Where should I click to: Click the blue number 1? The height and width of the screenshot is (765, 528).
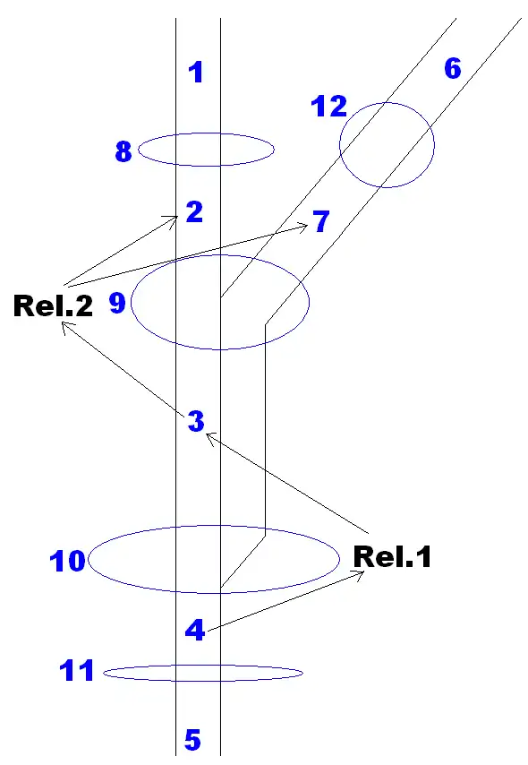click(x=196, y=73)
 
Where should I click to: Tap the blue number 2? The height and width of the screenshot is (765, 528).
click(x=194, y=211)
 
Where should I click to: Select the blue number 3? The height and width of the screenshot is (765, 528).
click(x=196, y=421)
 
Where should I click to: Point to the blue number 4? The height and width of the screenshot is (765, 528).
click(x=195, y=630)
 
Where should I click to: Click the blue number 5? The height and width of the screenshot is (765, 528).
click(x=192, y=740)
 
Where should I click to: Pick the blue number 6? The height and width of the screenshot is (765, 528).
click(x=453, y=68)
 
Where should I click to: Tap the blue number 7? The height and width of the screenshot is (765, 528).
click(x=321, y=221)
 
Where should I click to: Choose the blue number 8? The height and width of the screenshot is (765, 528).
click(x=123, y=150)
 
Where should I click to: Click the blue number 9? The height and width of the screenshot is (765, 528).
click(x=117, y=303)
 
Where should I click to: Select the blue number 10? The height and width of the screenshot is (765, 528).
click(x=68, y=561)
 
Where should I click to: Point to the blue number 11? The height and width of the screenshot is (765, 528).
click(x=77, y=670)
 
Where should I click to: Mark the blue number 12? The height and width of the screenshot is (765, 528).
click(x=329, y=107)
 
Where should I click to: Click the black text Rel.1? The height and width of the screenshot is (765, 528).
click(x=392, y=556)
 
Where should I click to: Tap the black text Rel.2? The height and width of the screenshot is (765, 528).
click(x=53, y=305)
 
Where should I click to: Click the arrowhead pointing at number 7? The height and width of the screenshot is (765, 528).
click(x=303, y=227)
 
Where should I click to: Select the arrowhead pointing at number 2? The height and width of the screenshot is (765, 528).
click(x=173, y=219)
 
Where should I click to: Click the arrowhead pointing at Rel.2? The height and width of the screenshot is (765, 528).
click(x=66, y=327)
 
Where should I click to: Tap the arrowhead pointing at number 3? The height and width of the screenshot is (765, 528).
click(x=210, y=437)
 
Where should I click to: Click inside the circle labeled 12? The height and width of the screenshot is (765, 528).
click(x=387, y=145)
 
